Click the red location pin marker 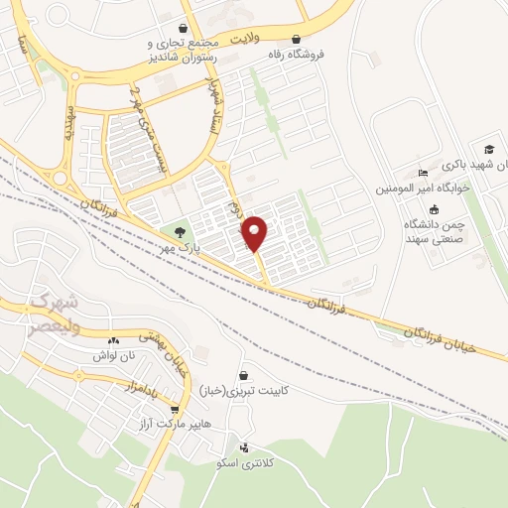coord(255,232)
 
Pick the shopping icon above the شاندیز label coord(182,29)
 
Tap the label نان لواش coord(112,354)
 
